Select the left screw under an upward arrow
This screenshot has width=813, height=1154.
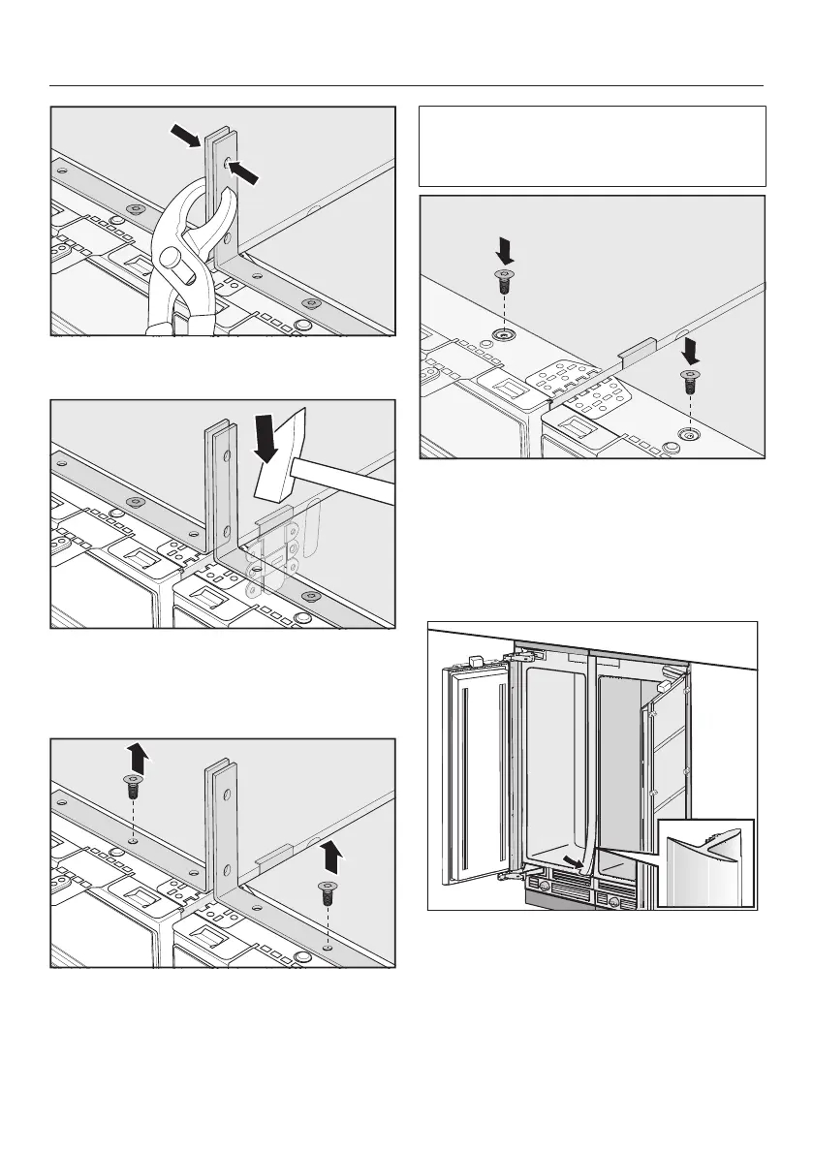(x=133, y=786)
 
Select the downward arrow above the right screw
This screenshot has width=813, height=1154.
(x=690, y=350)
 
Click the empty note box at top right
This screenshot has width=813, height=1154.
(x=592, y=145)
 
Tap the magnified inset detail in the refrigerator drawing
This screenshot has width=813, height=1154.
(x=704, y=862)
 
